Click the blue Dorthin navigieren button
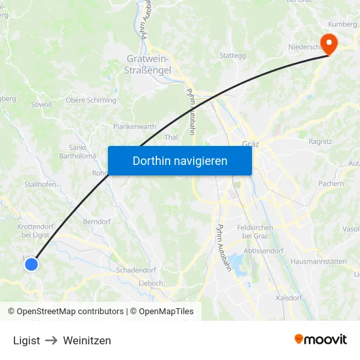click(179, 160)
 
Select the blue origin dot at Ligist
click(31, 264)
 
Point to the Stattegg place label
click(232, 56)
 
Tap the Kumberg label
click(342, 24)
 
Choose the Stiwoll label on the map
click(41, 104)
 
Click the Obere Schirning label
click(91, 100)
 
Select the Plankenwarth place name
click(134, 126)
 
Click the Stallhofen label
click(40, 185)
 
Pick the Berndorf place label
click(96, 222)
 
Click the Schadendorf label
click(135, 270)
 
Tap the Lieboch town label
click(151, 283)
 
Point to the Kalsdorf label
click(289, 298)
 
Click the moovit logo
click(320, 340)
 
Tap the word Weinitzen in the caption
click(88, 340)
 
